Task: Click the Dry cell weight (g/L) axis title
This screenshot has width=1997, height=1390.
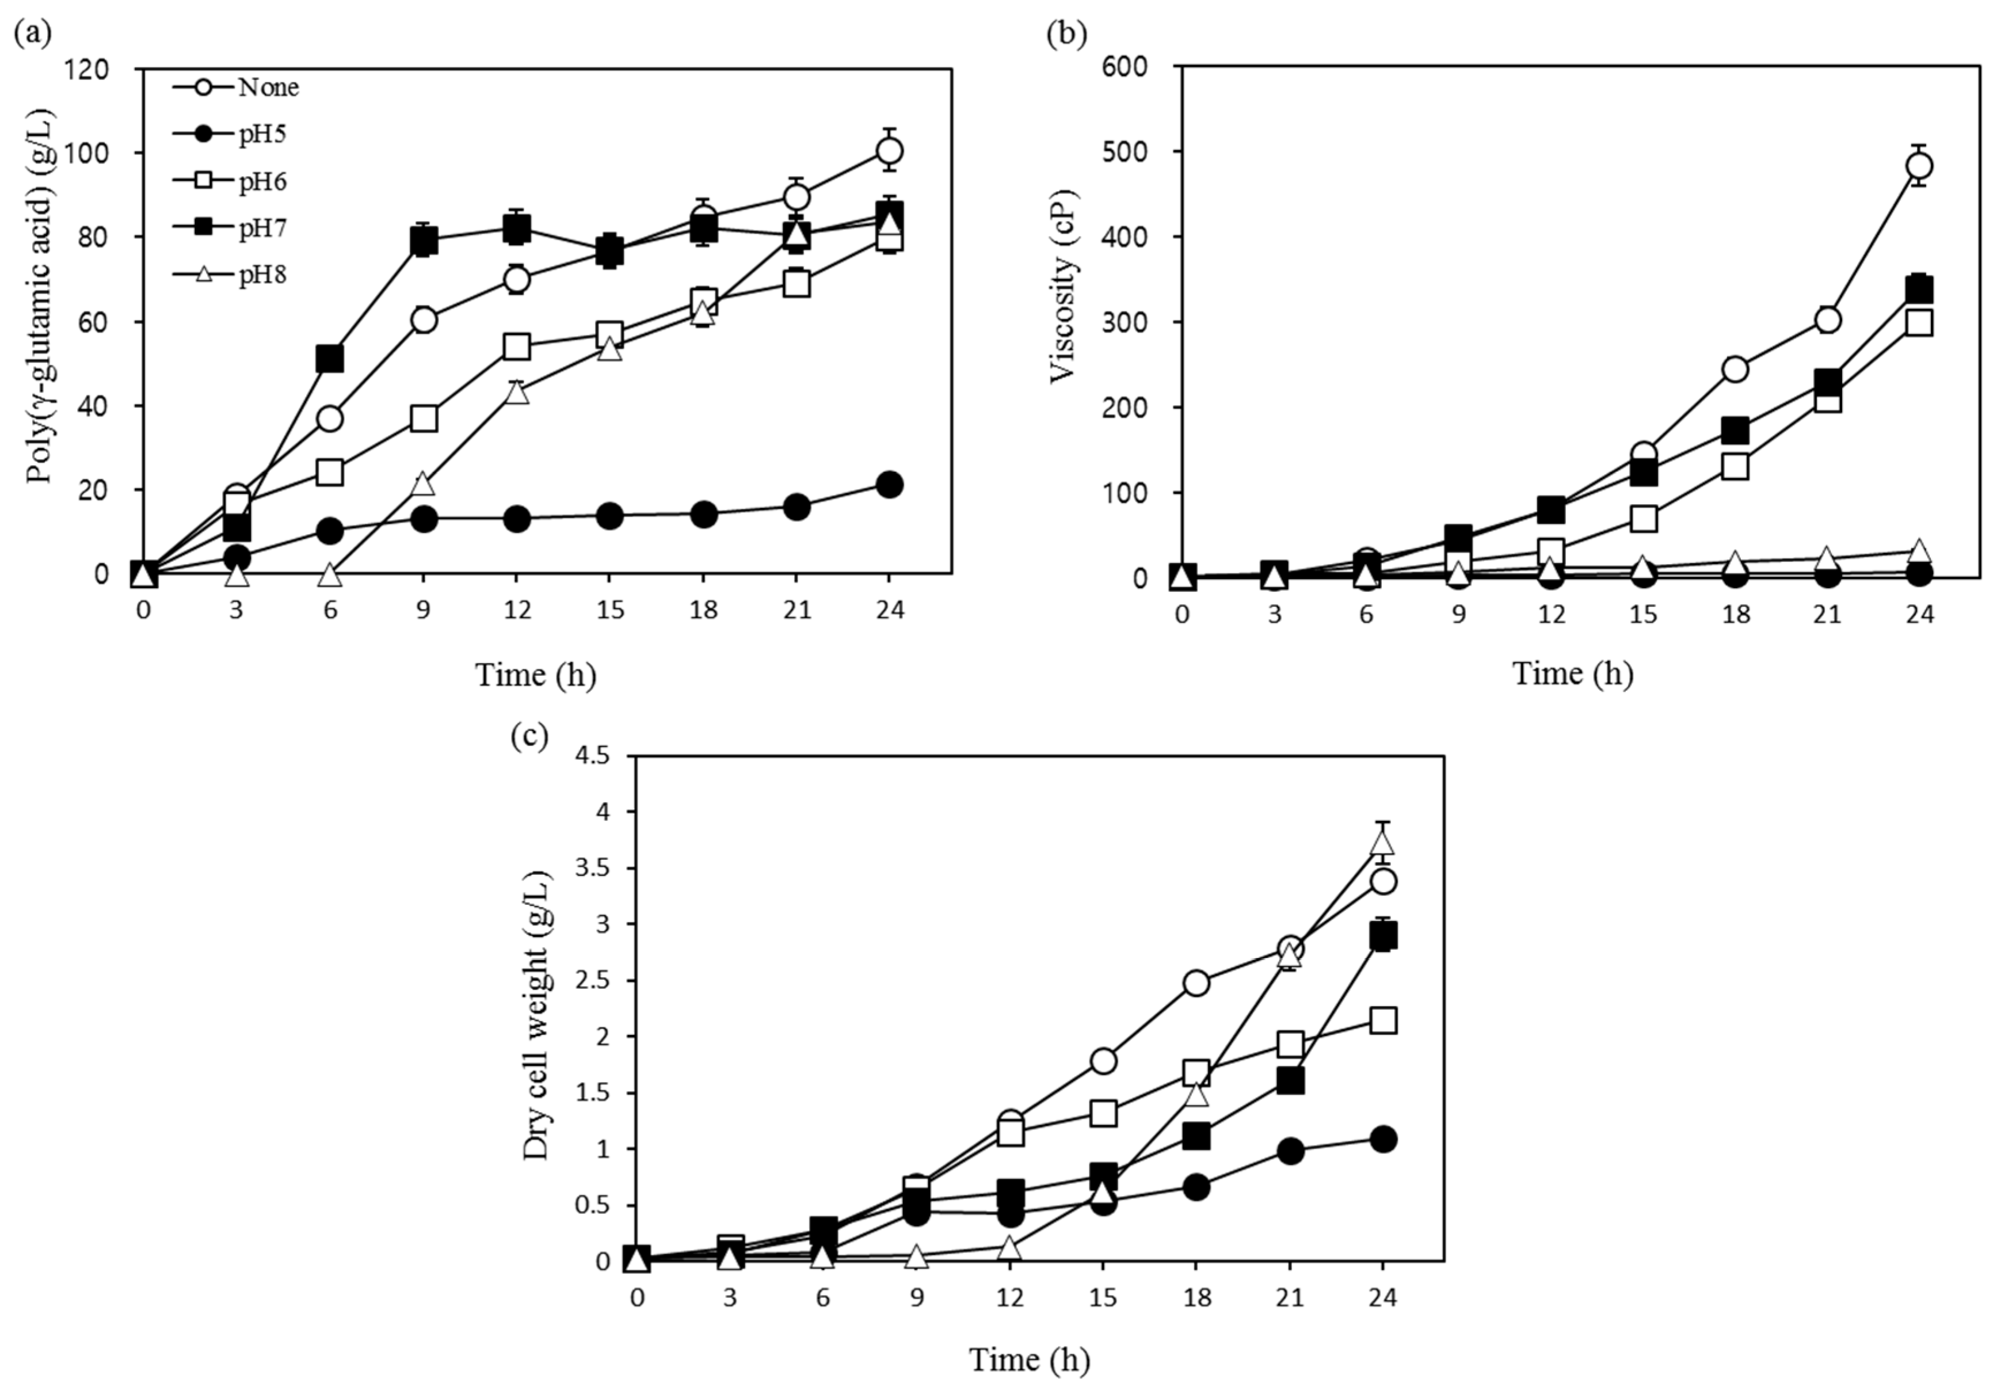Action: click(536, 1015)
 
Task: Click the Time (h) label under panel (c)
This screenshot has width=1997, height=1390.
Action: click(1030, 1359)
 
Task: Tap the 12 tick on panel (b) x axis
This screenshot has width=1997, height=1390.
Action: click(1551, 615)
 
